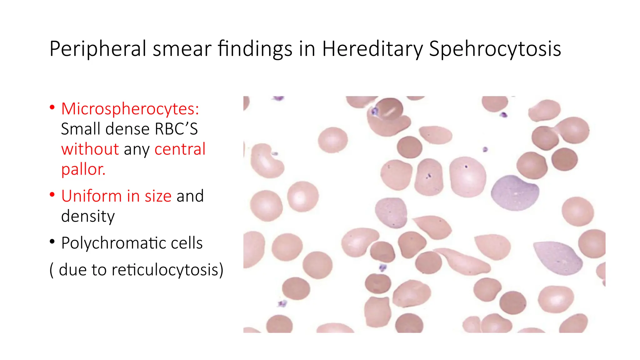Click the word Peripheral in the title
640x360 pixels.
(98, 49)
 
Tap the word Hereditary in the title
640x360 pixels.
(372, 49)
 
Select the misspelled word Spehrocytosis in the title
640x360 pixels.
(495, 49)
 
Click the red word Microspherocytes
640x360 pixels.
(130, 109)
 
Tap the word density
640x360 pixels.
(88, 216)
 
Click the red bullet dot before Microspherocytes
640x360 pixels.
(52, 108)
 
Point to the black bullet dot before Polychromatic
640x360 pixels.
(52, 242)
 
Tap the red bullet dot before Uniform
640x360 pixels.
(52, 195)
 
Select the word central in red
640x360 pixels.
(180, 149)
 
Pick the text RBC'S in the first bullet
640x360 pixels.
(176, 129)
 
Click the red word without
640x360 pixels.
(90, 149)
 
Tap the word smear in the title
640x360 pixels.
(182, 49)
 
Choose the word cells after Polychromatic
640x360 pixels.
(187, 243)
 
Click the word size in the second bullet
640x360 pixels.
(158, 196)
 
